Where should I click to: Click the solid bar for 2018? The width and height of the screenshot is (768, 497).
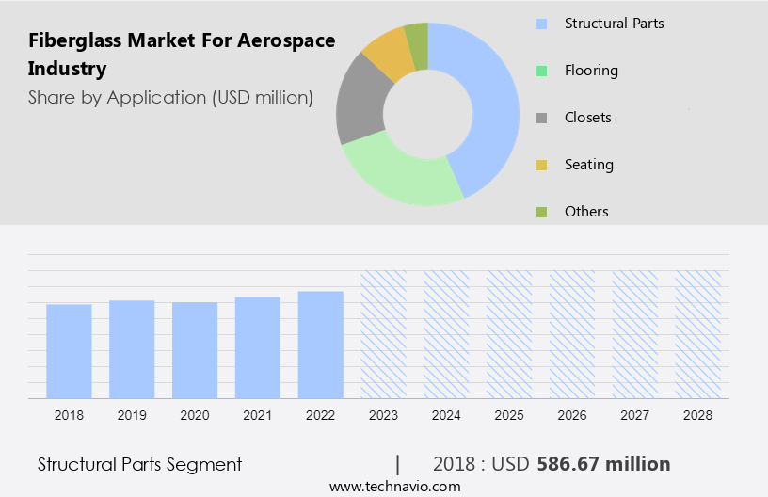[x=69, y=350]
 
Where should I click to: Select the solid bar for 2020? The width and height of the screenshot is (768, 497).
[x=195, y=349]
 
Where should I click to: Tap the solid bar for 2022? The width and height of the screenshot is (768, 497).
[x=321, y=344]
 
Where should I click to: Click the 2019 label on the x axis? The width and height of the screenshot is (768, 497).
[x=132, y=414]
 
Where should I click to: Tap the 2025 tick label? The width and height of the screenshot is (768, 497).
[x=509, y=414]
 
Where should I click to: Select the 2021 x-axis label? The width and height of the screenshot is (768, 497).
[x=258, y=414]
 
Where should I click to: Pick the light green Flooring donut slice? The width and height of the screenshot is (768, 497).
[x=400, y=174]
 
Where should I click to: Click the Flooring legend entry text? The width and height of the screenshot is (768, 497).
[x=591, y=71]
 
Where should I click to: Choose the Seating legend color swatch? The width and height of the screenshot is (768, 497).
[x=541, y=166]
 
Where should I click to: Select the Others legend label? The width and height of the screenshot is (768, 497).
[x=586, y=212]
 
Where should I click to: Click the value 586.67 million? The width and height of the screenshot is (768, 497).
[x=603, y=464]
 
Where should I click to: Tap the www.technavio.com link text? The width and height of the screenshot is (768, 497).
[x=395, y=487]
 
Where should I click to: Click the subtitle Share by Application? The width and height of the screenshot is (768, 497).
[x=170, y=97]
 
